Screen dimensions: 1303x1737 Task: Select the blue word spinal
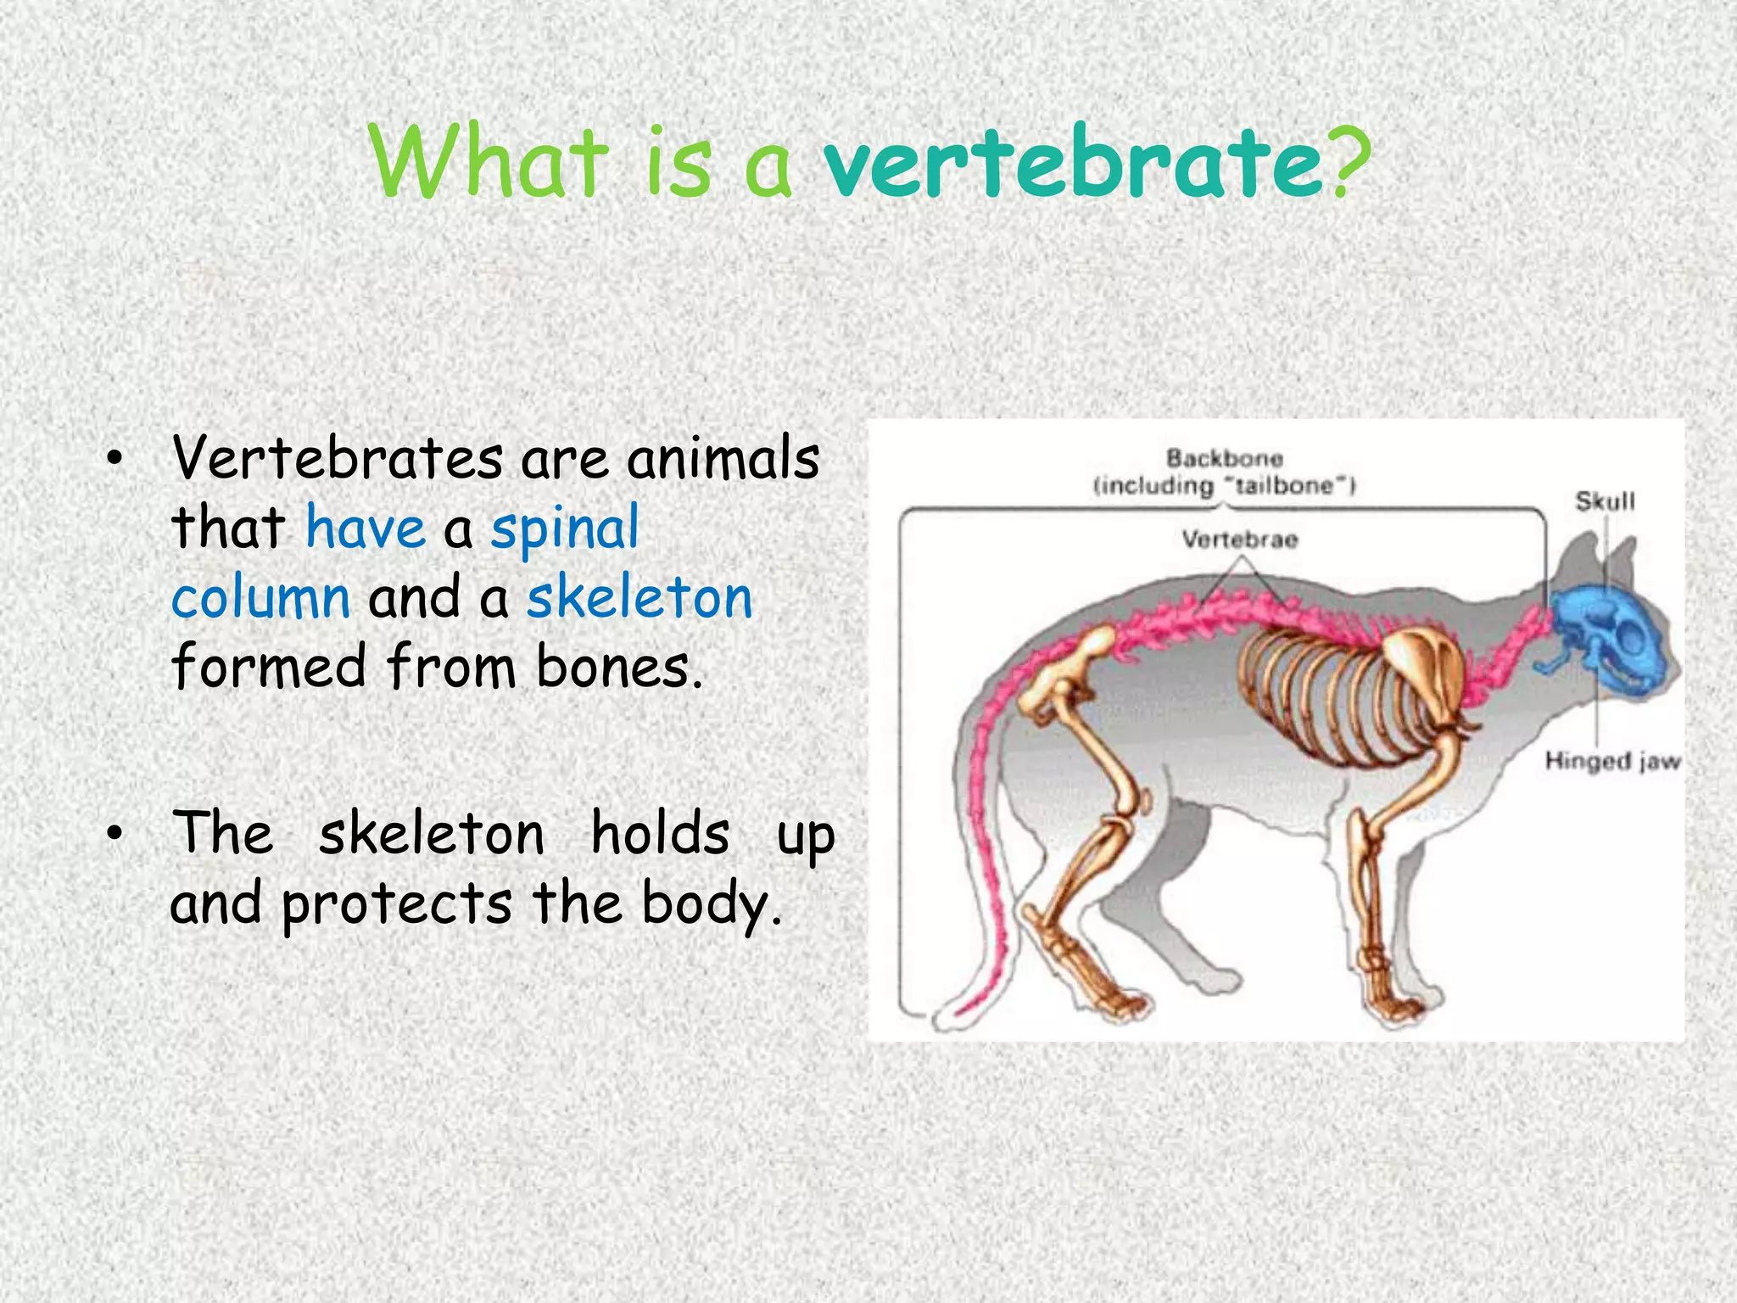(565, 528)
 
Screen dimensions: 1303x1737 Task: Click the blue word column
(260, 598)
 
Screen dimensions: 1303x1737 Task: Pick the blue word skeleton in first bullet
(640, 598)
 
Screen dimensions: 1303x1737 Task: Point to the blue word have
(365, 528)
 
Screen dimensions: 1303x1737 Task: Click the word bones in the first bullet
(619, 668)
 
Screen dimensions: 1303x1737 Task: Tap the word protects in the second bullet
(396, 904)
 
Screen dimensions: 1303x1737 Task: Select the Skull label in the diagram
(1605, 501)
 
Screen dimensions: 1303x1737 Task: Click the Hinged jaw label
(1611, 761)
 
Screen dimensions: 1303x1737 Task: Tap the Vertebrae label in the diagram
(1239, 540)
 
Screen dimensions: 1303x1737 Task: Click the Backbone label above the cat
(1224, 459)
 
